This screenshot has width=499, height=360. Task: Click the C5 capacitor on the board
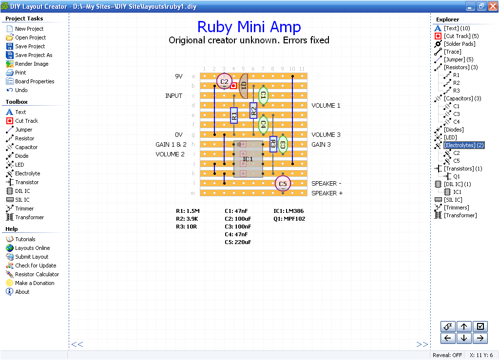click(283, 184)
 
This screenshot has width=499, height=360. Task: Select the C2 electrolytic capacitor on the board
click(224, 81)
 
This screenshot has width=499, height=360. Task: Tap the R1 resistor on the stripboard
click(234, 115)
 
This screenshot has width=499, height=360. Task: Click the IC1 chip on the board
click(248, 159)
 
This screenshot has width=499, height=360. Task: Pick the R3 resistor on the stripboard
click(273, 144)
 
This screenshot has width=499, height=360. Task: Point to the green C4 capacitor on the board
click(263, 125)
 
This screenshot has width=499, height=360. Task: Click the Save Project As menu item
click(34, 55)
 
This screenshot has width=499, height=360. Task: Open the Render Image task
click(32, 64)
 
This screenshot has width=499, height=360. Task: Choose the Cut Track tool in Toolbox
click(26, 121)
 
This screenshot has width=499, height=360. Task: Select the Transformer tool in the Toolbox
click(29, 217)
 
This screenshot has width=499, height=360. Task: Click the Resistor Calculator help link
click(37, 274)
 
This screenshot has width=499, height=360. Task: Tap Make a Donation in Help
click(35, 283)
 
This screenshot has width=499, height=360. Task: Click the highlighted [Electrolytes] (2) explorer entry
click(464, 145)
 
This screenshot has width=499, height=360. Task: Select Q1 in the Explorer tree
click(456, 176)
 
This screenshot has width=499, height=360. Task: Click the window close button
click(492, 6)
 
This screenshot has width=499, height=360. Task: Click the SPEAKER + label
click(327, 193)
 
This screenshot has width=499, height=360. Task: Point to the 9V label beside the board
click(179, 76)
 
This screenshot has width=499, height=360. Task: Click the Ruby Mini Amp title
click(249, 27)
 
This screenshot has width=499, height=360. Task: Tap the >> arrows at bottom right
click(422, 344)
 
